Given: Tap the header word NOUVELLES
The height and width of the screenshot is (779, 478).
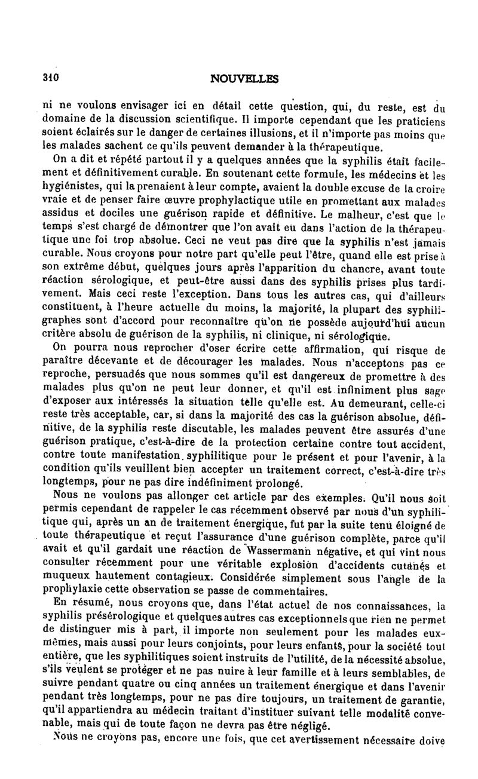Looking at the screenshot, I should [x=244, y=78].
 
